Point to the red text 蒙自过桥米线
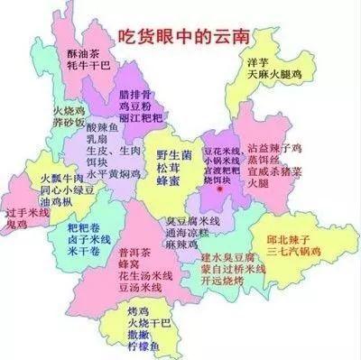(x=233, y=268)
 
